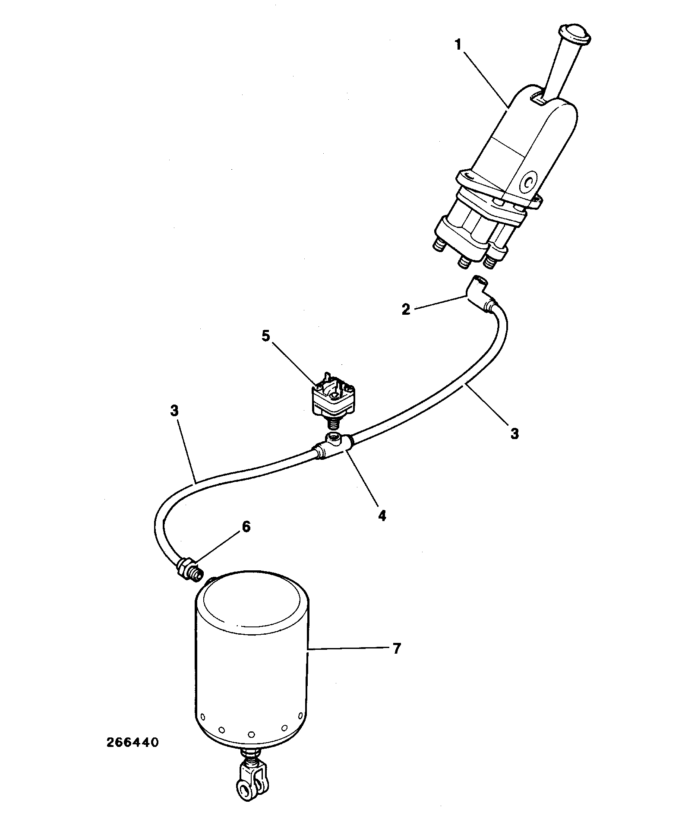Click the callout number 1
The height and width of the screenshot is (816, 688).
coord(458,45)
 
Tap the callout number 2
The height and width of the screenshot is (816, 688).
coord(406,309)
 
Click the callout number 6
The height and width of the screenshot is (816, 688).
coord(246,527)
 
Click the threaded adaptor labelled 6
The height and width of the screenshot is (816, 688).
coord(189,569)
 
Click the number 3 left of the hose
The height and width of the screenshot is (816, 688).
coord(174,411)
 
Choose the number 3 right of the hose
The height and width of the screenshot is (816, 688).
coord(514,433)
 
